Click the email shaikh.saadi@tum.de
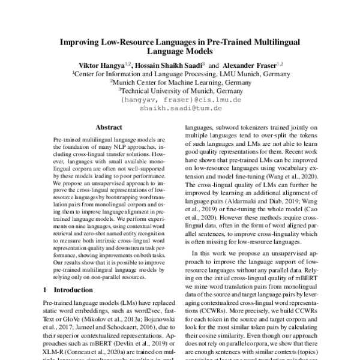[x=180, y=109]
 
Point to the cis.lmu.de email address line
[x=180, y=100]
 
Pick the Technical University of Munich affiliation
[x=180, y=91]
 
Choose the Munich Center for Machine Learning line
[x=180, y=82]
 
